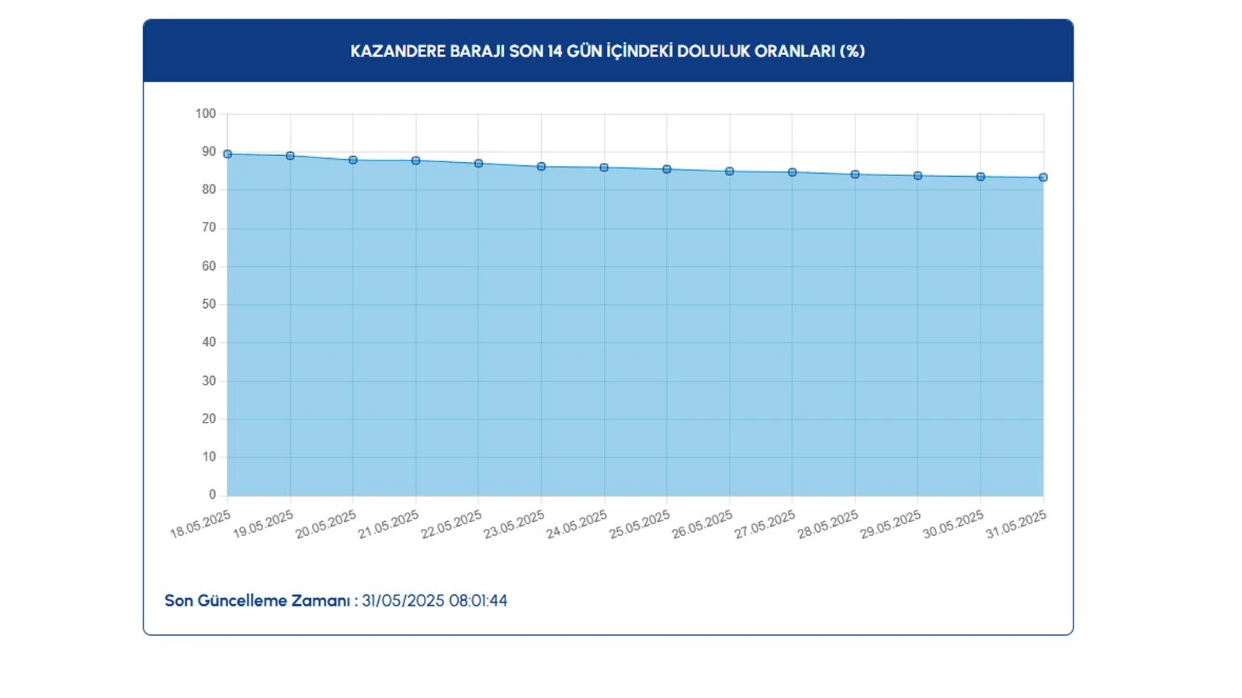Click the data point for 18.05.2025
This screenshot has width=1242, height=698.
coord(227,154)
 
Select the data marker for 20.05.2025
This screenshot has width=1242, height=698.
coord(353,161)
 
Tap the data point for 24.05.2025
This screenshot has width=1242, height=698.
coord(604,168)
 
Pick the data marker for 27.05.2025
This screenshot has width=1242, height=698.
coord(793,173)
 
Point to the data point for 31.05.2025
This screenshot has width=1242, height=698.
coord(1043,178)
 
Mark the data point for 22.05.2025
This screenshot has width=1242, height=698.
coord(479,164)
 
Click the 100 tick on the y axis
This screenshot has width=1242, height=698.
coord(206,114)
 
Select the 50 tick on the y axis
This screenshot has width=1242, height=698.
coord(209,305)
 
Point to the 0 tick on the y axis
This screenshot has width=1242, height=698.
coord(213,495)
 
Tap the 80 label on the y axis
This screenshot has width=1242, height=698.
coord(209,190)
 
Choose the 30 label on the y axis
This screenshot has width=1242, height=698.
coord(209,381)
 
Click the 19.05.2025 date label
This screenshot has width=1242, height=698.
coord(263,525)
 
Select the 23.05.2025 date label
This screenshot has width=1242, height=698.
coord(514,525)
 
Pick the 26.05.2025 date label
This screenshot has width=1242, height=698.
coord(702,525)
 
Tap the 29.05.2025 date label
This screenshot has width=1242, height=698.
coord(890,525)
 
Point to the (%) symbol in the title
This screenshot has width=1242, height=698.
coord(852,51)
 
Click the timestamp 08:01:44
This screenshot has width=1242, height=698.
coord(478,601)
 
